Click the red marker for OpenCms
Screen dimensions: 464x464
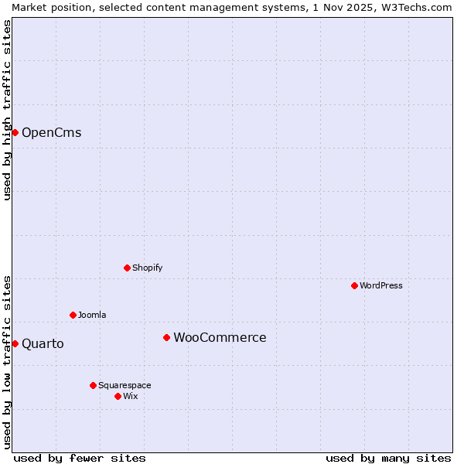15,132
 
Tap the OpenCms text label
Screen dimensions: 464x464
51,132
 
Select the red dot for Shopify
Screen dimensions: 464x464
127,268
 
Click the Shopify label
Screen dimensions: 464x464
147,268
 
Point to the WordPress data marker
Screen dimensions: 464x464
354,285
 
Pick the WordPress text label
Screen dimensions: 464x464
380,285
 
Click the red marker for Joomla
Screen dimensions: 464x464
73,315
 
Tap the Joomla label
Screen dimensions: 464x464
92,315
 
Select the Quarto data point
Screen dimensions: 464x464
15,343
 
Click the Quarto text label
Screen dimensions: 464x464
43,343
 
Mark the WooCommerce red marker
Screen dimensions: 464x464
166,337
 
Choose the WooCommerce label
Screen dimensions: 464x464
220,337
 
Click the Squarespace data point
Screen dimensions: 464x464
93,385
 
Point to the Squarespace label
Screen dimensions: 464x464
125,385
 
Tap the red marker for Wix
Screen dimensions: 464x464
118,396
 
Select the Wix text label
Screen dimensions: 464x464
130,396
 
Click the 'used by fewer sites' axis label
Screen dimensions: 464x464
80,458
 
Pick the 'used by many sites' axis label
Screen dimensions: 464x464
388,458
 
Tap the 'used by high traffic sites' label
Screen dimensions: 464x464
7,110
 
